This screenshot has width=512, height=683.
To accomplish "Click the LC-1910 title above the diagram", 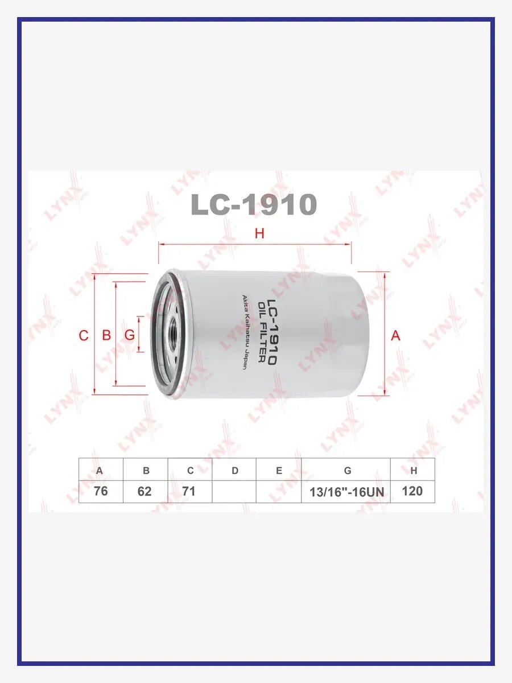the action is [254, 204].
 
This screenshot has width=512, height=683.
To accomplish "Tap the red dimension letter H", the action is [259, 233].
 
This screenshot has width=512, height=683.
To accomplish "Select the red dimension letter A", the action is [395, 335].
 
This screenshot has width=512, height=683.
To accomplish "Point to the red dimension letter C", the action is [84, 336].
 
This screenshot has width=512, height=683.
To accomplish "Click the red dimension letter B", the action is [106, 335].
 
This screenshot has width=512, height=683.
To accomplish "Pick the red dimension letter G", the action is [130, 335].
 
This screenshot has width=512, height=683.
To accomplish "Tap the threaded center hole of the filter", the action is [172, 332].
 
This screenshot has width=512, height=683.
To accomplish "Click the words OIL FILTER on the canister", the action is [262, 332].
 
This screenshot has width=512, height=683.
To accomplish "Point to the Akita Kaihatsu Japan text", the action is [245, 332].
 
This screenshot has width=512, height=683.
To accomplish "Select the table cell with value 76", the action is [101, 491].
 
